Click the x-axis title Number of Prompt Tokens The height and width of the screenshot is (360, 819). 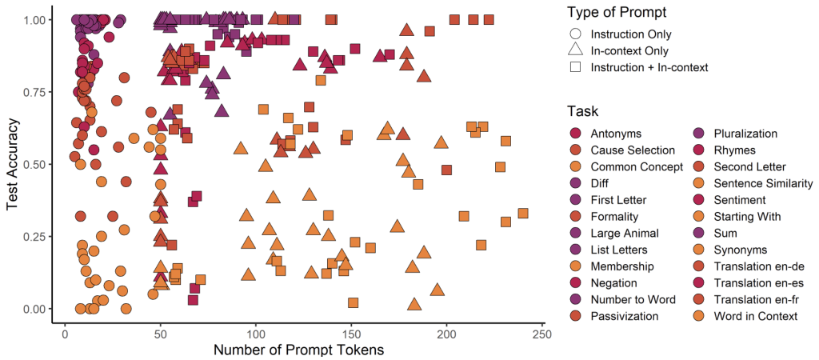(299, 349)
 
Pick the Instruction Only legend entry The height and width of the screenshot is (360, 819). (631, 34)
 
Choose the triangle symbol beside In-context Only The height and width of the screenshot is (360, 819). (576, 50)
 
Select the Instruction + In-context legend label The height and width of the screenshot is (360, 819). (649, 67)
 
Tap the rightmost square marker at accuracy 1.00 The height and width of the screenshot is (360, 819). (489, 20)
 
